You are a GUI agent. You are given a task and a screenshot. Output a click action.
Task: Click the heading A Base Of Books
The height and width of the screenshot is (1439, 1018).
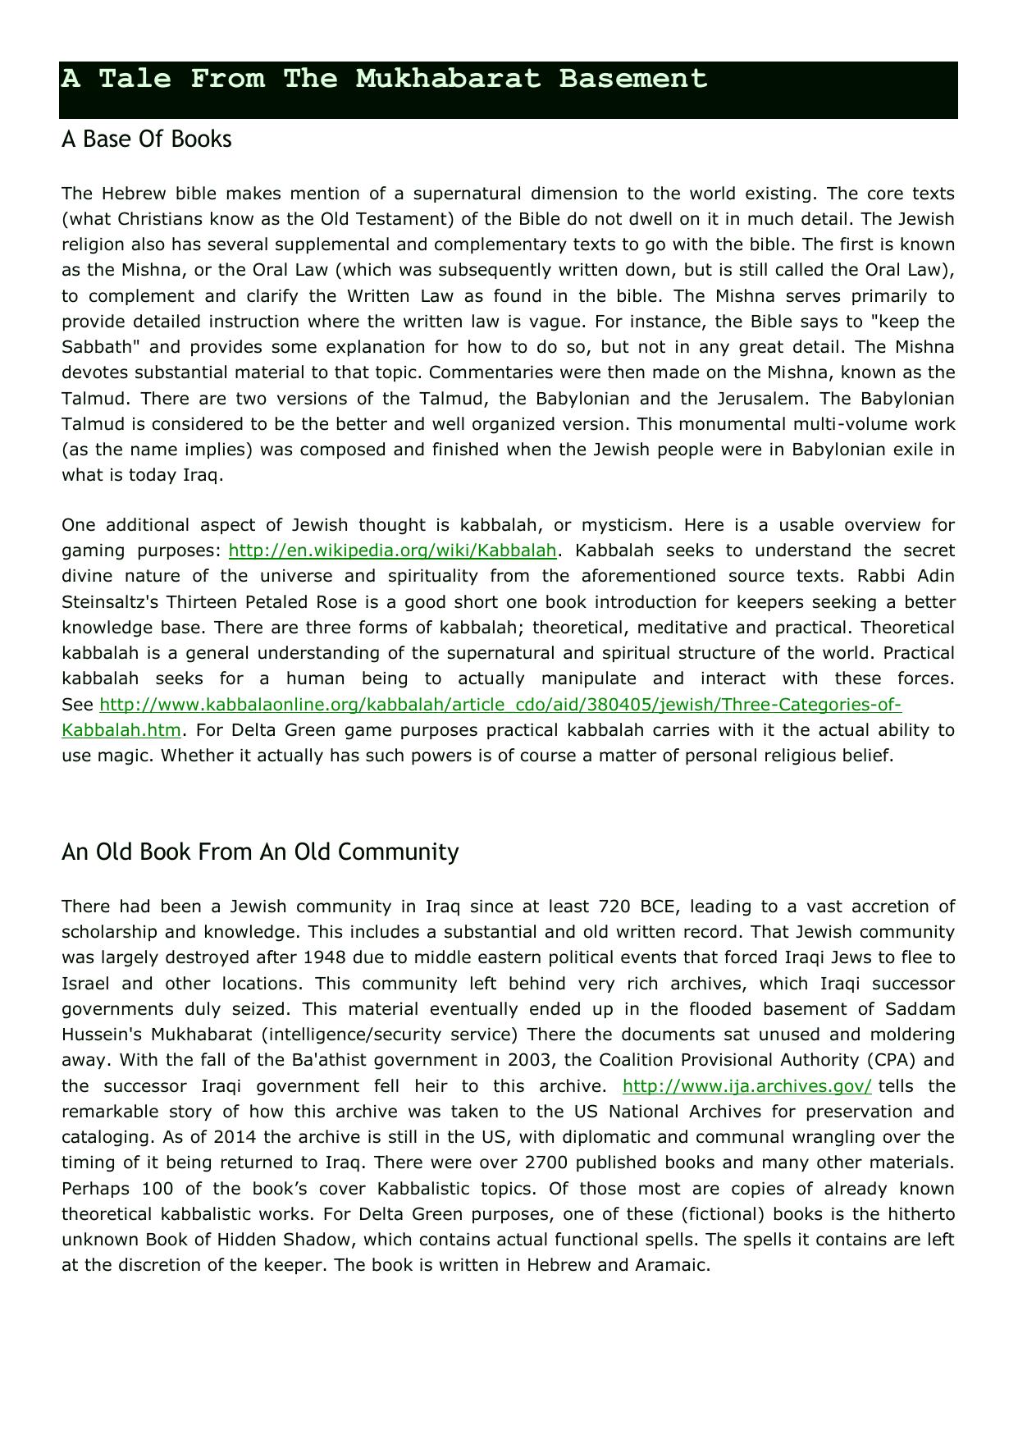click(147, 139)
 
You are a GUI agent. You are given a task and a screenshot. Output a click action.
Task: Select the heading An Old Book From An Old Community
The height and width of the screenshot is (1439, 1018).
click(260, 852)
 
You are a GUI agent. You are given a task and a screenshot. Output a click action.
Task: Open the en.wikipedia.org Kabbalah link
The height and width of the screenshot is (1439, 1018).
click(392, 550)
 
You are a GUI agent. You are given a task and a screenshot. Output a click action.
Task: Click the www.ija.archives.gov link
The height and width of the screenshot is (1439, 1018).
click(746, 1086)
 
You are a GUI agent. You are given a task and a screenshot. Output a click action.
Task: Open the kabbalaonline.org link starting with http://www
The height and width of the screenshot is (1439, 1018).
click(500, 705)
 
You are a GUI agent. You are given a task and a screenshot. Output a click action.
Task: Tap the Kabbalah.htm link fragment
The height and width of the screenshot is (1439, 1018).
click(121, 730)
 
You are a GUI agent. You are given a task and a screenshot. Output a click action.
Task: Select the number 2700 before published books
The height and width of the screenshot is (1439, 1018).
click(546, 1163)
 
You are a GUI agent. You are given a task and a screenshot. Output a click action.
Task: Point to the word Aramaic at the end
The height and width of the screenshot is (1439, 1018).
click(672, 1265)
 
